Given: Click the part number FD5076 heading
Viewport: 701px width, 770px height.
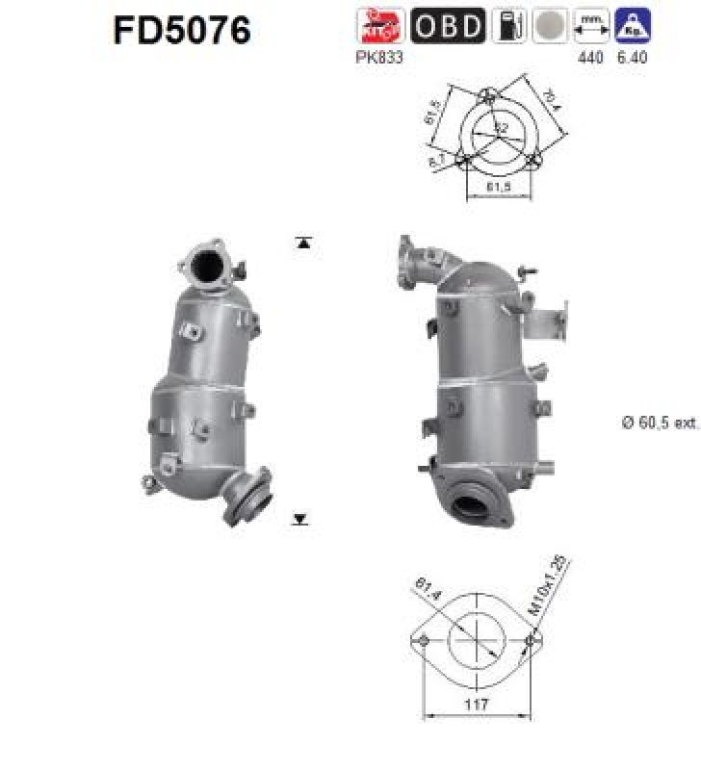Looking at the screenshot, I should [x=182, y=30].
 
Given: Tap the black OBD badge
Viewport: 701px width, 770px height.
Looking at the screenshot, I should [x=448, y=25].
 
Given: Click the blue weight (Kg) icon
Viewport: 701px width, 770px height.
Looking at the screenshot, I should [x=633, y=25].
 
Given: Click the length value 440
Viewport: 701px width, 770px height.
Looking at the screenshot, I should [x=589, y=58].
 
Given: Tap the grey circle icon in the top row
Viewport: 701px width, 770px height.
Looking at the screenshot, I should [x=549, y=25].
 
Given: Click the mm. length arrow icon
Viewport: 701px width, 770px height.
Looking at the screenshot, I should [x=590, y=25].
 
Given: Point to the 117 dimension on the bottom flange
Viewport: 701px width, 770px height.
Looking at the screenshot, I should [x=478, y=705].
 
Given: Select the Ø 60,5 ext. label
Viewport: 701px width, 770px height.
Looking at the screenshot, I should [x=660, y=422].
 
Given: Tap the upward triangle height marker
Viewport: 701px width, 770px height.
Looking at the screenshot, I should [x=303, y=244].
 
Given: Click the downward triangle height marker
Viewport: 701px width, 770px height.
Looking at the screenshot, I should [x=300, y=520].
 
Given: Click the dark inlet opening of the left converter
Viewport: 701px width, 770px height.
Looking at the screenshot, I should [x=208, y=268].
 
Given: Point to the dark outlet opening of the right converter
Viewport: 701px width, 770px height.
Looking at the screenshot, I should [x=470, y=504].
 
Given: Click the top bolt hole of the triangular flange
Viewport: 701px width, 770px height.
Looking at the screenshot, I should [x=487, y=97].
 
